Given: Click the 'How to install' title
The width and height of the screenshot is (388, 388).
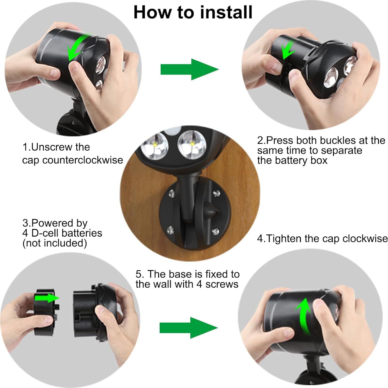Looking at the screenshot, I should point(193,12).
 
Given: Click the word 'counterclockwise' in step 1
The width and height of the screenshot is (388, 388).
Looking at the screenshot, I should point(83,160).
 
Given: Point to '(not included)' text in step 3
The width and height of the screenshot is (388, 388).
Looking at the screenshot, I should point(55,243).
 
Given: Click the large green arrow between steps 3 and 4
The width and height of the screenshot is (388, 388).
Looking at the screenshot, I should point(189,328).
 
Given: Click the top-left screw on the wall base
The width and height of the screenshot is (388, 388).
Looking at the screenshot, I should point(171,193).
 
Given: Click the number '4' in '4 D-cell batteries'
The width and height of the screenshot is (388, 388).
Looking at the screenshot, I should point(25,233).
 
